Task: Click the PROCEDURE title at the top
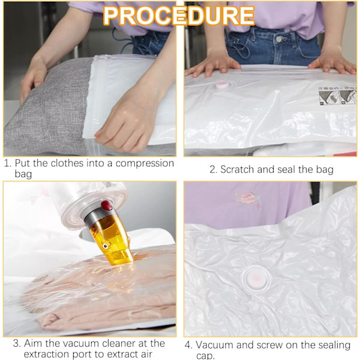point(179,15)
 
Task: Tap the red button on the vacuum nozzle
point(107,205)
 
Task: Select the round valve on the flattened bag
point(256,279)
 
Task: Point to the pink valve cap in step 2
point(222,85)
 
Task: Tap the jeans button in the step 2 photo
point(279,39)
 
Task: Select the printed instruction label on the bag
point(337,96)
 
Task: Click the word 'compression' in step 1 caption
point(145,163)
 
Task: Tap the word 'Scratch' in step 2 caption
point(238,169)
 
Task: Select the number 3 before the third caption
point(17,343)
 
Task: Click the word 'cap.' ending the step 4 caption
point(205,356)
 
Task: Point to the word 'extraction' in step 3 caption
point(47,354)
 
